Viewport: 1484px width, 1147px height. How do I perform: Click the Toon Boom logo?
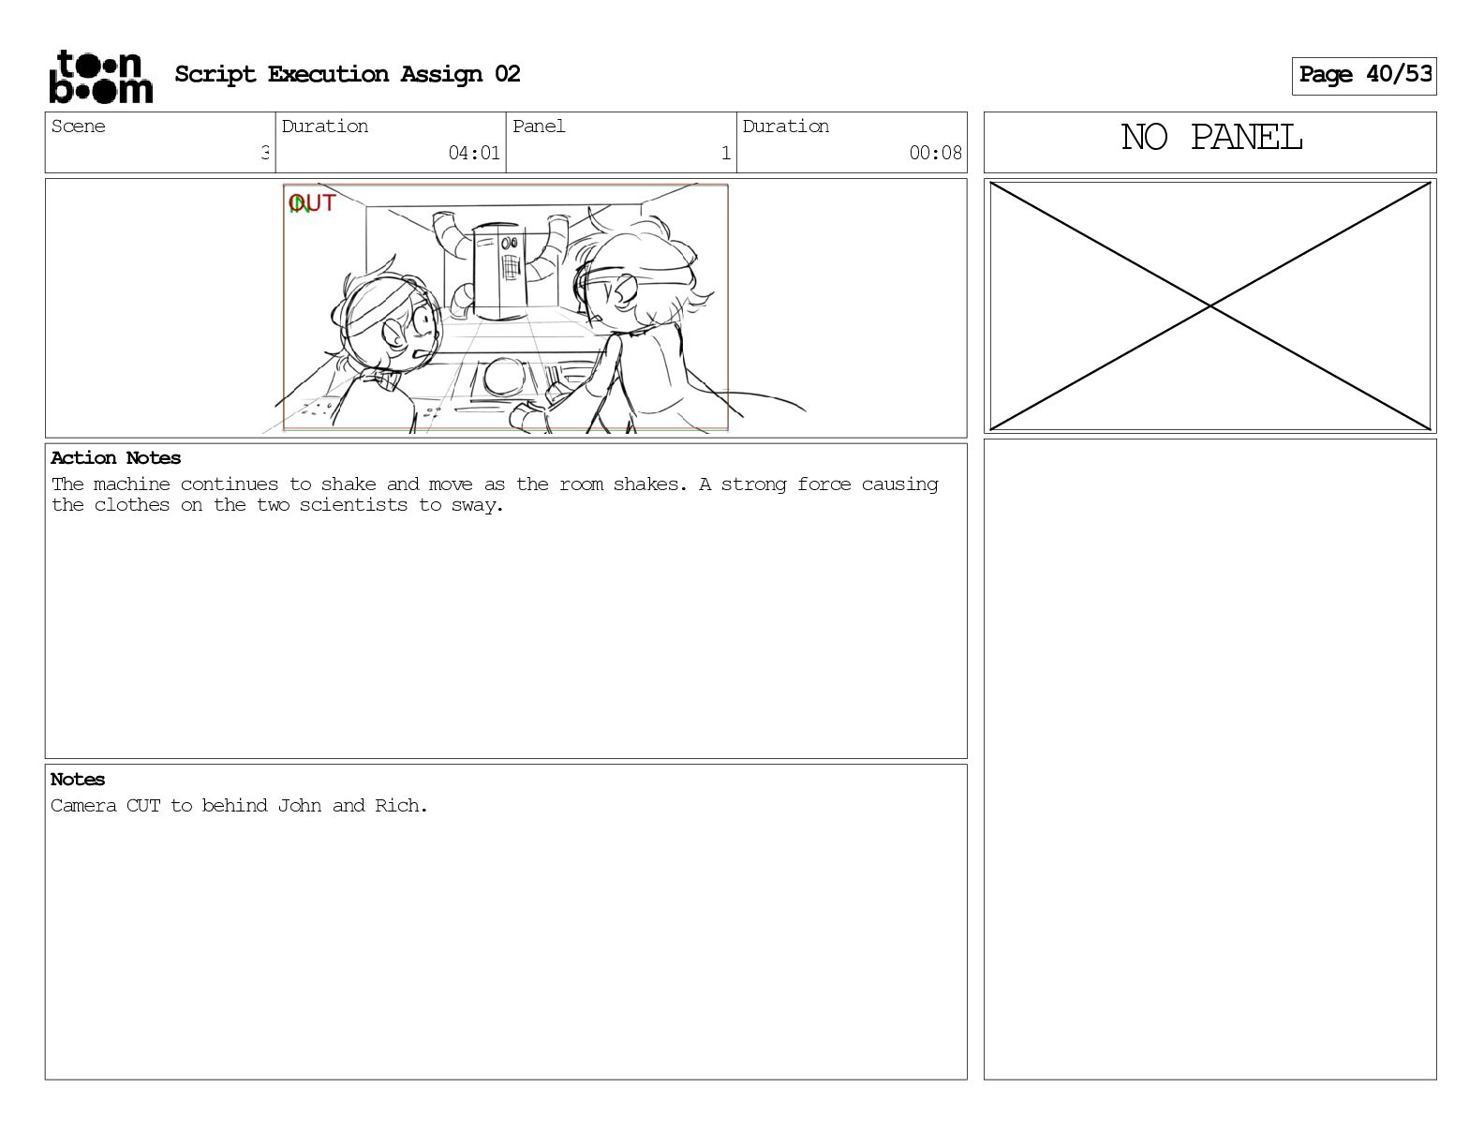pos(101,77)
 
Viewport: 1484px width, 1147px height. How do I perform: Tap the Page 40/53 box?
pos(1364,76)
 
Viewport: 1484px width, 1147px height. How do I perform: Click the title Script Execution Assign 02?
pos(348,74)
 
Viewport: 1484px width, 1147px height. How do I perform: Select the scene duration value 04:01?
pos(474,153)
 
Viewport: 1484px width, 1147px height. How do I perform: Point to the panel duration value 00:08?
pos(935,153)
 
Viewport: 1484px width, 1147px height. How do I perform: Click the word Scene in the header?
pos(78,127)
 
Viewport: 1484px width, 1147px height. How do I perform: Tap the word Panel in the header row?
pos(539,127)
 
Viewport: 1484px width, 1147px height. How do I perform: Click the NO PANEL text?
pos(1211,138)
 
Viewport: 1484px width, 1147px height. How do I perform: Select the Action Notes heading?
pos(115,457)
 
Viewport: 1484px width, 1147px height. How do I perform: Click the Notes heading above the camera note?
pos(77,779)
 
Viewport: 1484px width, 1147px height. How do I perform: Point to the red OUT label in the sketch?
pos(312,203)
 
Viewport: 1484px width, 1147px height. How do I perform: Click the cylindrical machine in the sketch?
pos(500,271)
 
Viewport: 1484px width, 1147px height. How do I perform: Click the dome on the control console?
pos(505,377)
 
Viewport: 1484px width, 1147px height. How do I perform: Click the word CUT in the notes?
pos(143,806)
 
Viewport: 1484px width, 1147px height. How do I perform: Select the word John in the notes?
pos(299,806)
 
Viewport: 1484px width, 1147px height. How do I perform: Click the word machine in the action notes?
pos(132,484)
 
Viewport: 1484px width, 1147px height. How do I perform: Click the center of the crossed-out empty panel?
pos(1210,306)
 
